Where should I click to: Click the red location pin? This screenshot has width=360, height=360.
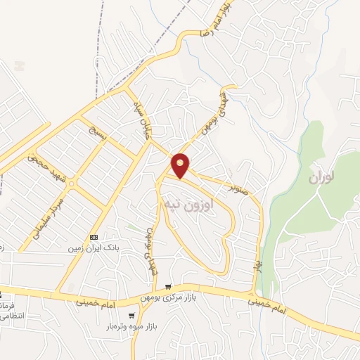coord(181,165)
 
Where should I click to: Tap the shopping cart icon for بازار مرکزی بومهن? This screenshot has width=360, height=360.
coord(167,285)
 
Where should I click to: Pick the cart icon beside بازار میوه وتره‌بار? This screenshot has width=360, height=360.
coord(132,315)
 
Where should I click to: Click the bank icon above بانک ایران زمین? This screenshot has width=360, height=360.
coord(93,238)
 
